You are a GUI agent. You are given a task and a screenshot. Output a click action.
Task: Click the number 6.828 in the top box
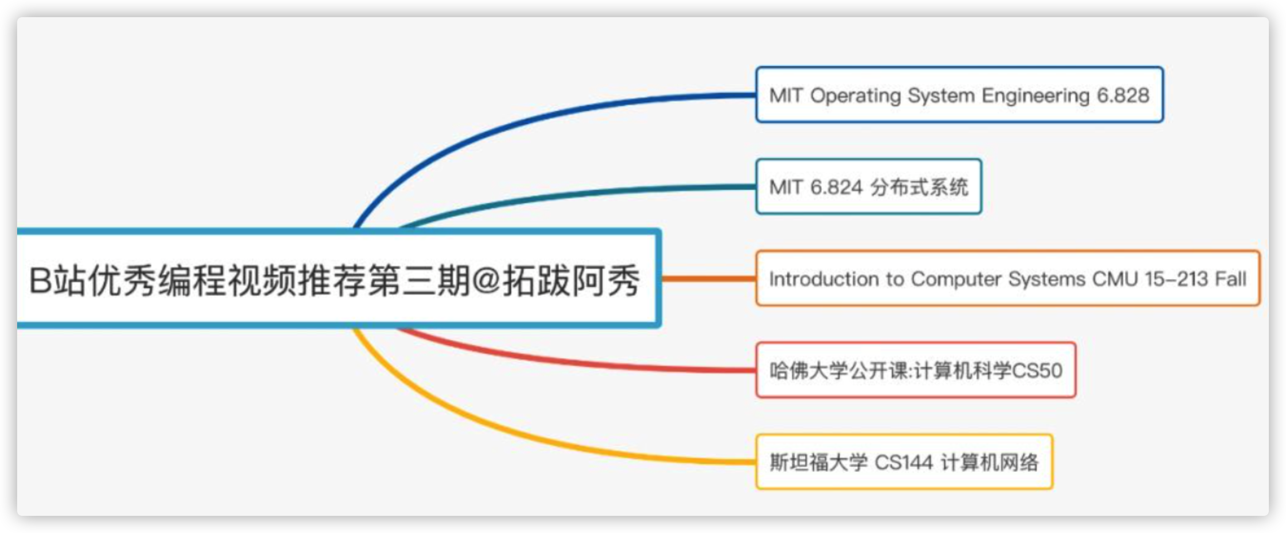[x=1123, y=95]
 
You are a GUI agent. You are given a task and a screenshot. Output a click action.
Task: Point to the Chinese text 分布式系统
[x=919, y=187]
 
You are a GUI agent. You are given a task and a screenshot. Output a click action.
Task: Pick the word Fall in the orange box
[x=1230, y=279]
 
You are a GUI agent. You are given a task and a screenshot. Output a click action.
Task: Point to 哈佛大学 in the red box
[x=809, y=371]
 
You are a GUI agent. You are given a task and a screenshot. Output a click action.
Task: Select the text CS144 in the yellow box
[x=904, y=463]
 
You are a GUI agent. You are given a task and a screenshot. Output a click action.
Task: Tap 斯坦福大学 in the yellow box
[x=818, y=463]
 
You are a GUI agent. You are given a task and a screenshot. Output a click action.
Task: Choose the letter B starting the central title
[x=40, y=280]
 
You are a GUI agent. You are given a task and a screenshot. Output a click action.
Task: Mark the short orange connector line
[x=709, y=278]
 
